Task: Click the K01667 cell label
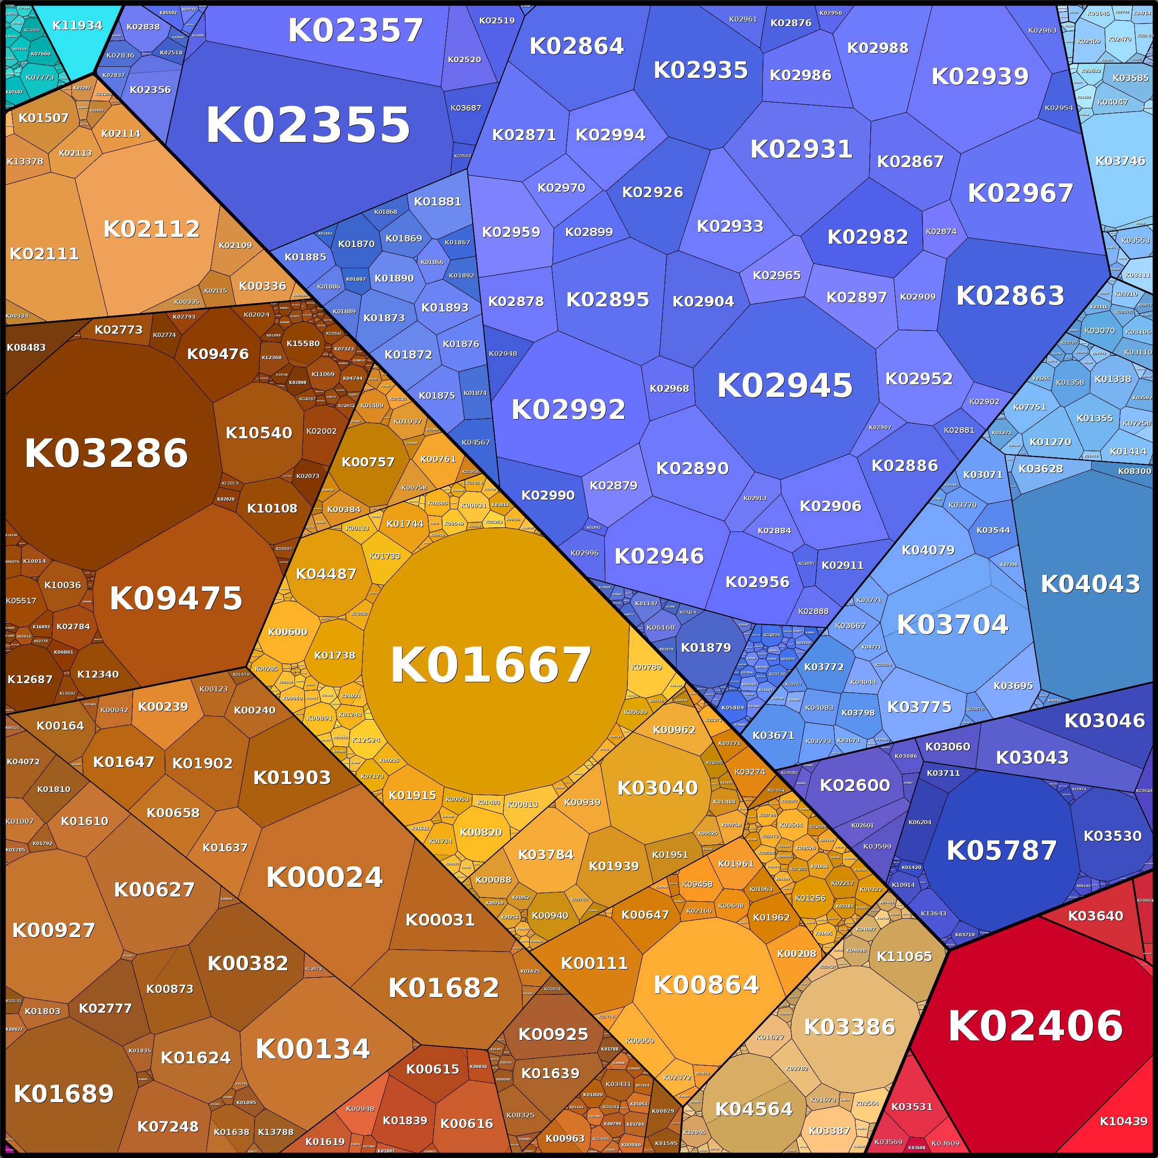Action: tap(491, 665)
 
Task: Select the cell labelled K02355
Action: tap(308, 125)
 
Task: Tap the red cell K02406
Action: tap(1035, 1026)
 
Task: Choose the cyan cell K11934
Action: tap(77, 25)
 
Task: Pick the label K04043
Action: tap(1090, 584)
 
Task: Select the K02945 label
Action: tap(785, 385)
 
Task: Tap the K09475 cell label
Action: tap(176, 598)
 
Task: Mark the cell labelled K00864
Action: tap(706, 985)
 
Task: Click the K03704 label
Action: tap(952, 625)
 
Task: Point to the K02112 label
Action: tap(151, 228)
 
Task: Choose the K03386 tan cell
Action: tap(849, 1027)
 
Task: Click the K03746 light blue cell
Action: tap(1120, 160)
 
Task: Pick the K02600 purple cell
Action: tap(855, 785)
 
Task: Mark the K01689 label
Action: tap(64, 1094)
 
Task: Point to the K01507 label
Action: tap(43, 118)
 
